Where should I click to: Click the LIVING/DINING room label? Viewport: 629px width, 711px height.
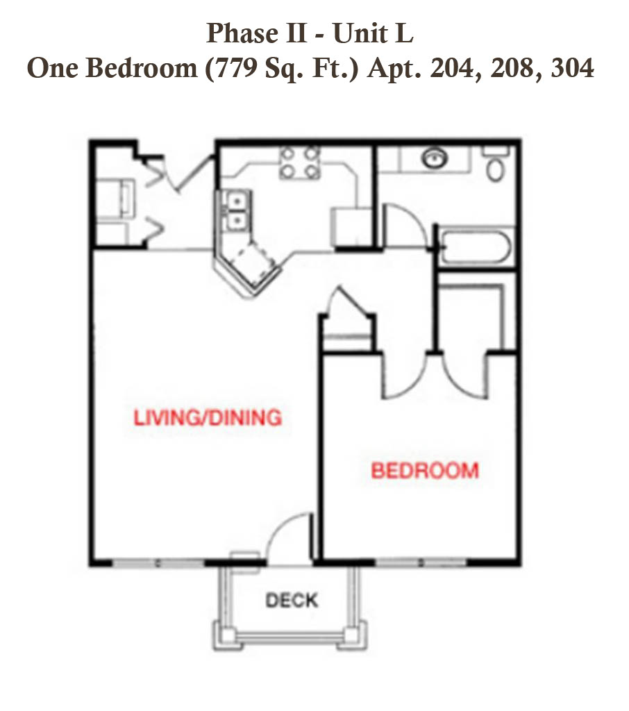208,417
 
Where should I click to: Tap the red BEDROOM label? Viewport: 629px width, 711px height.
425,470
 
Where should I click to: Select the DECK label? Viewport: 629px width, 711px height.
292,601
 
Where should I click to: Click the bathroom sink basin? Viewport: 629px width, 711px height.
435,158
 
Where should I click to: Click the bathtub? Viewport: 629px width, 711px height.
476,247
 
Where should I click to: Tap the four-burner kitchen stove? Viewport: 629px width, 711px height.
300,163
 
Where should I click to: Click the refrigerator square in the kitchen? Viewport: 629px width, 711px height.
351,227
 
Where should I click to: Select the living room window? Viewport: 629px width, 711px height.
158,563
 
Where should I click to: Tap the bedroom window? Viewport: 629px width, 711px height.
421,562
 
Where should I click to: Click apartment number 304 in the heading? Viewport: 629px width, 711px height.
572,69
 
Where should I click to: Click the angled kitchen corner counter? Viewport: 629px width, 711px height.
247,270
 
